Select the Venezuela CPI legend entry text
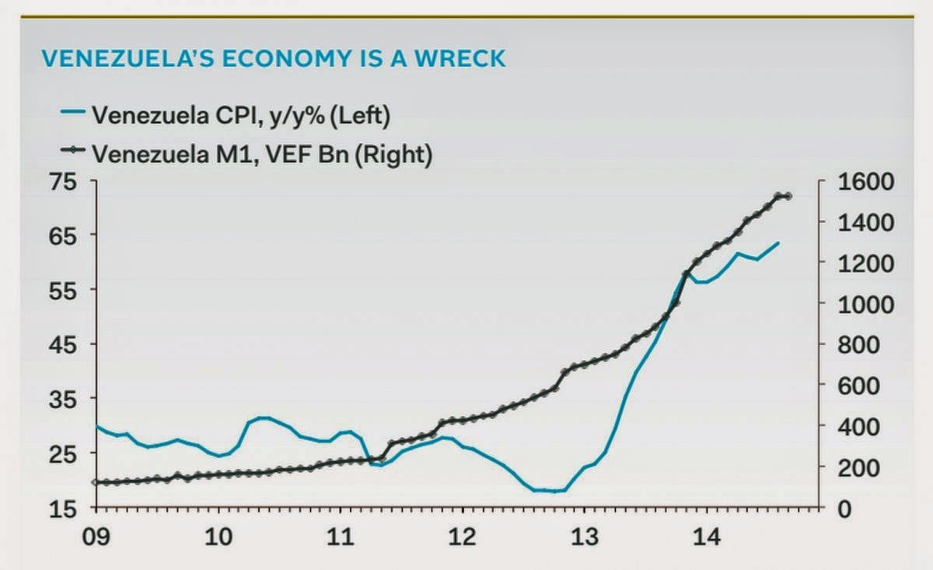pyautogui.click(x=240, y=115)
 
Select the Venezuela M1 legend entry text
pyautogui.click(x=261, y=153)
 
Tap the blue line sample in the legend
pyautogui.click(x=74, y=114)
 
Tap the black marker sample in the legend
pyautogui.click(x=74, y=152)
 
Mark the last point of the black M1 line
pyautogui.click(x=789, y=196)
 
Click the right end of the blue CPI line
pyautogui.click(x=778, y=243)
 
